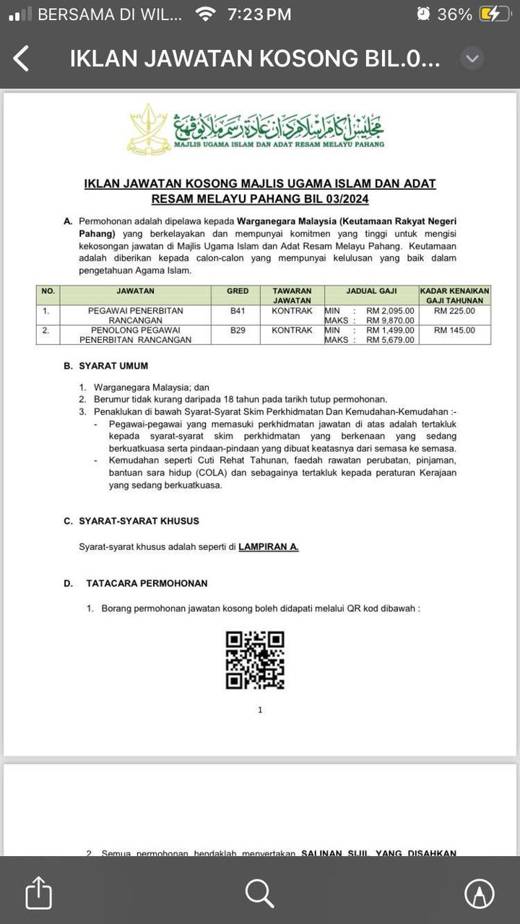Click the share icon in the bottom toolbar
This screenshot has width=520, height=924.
pyautogui.click(x=38, y=893)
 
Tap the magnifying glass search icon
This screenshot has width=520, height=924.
pyautogui.click(x=259, y=893)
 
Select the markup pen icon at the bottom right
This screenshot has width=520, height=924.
pyautogui.click(x=479, y=893)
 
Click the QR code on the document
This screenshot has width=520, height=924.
pyautogui.click(x=255, y=660)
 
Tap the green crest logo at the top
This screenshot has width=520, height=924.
pyautogui.click(x=148, y=128)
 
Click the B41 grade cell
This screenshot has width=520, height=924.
pyautogui.click(x=238, y=310)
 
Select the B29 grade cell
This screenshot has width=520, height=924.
pyautogui.click(x=238, y=330)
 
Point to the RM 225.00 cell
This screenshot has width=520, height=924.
pyautogui.click(x=455, y=310)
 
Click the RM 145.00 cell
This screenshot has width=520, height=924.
pyautogui.click(x=455, y=330)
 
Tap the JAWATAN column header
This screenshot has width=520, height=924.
pyautogui.click(x=135, y=291)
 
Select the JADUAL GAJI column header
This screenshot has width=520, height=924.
pyautogui.click(x=371, y=291)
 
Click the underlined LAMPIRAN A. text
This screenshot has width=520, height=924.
pyautogui.click(x=269, y=547)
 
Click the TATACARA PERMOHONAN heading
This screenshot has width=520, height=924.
pyautogui.click(x=147, y=583)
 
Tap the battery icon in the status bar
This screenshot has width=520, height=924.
pyautogui.click(x=498, y=14)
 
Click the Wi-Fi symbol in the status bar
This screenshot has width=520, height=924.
pyautogui.click(x=206, y=14)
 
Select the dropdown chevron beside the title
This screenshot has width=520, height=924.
pyautogui.click(x=472, y=58)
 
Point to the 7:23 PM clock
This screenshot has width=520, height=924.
pyautogui.click(x=259, y=14)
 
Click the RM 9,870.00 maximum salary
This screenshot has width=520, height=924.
pyautogui.click(x=390, y=321)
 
